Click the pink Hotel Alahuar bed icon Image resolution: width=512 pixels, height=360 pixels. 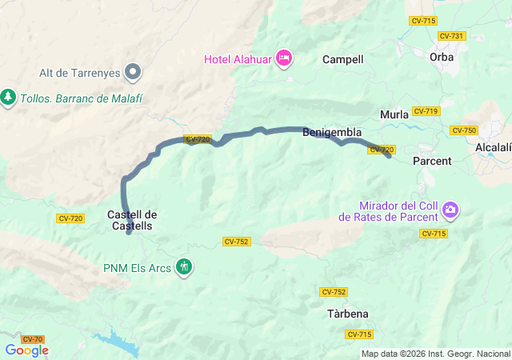pyautogui.click(x=284, y=58)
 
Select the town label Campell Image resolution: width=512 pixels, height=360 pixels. pyautogui.click(x=342, y=59)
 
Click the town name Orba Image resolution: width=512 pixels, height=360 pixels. pyautogui.click(x=441, y=57)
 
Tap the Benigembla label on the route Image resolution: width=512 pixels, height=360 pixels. pyautogui.click(x=332, y=133)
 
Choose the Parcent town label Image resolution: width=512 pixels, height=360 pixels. pyautogui.click(x=432, y=161)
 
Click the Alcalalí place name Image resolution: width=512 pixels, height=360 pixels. pyautogui.click(x=493, y=148)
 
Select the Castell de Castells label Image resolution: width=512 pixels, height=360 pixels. pyautogui.click(x=132, y=220)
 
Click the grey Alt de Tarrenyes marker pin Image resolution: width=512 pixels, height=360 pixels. pyautogui.click(x=134, y=72)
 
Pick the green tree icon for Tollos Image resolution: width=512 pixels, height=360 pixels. pyautogui.click(x=8, y=97)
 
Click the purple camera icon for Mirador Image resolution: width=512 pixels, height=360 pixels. pyautogui.click(x=450, y=210)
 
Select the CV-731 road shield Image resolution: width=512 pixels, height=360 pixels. pyautogui.click(x=451, y=36)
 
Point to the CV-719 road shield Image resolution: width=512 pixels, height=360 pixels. pyautogui.click(x=426, y=111)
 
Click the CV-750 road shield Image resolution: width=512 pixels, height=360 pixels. pyautogui.click(x=464, y=130)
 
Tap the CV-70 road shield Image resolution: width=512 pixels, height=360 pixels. pyautogui.click(x=32, y=339)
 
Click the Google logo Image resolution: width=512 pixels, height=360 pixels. pyautogui.click(x=26, y=350)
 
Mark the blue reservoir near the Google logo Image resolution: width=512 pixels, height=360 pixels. pyautogui.click(x=120, y=345)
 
